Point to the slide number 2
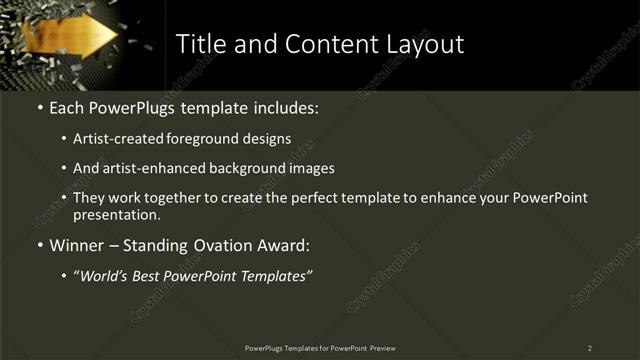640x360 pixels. tap(590, 347)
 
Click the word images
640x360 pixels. tap(310, 169)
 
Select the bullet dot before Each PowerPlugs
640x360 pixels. tap(38, 108)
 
